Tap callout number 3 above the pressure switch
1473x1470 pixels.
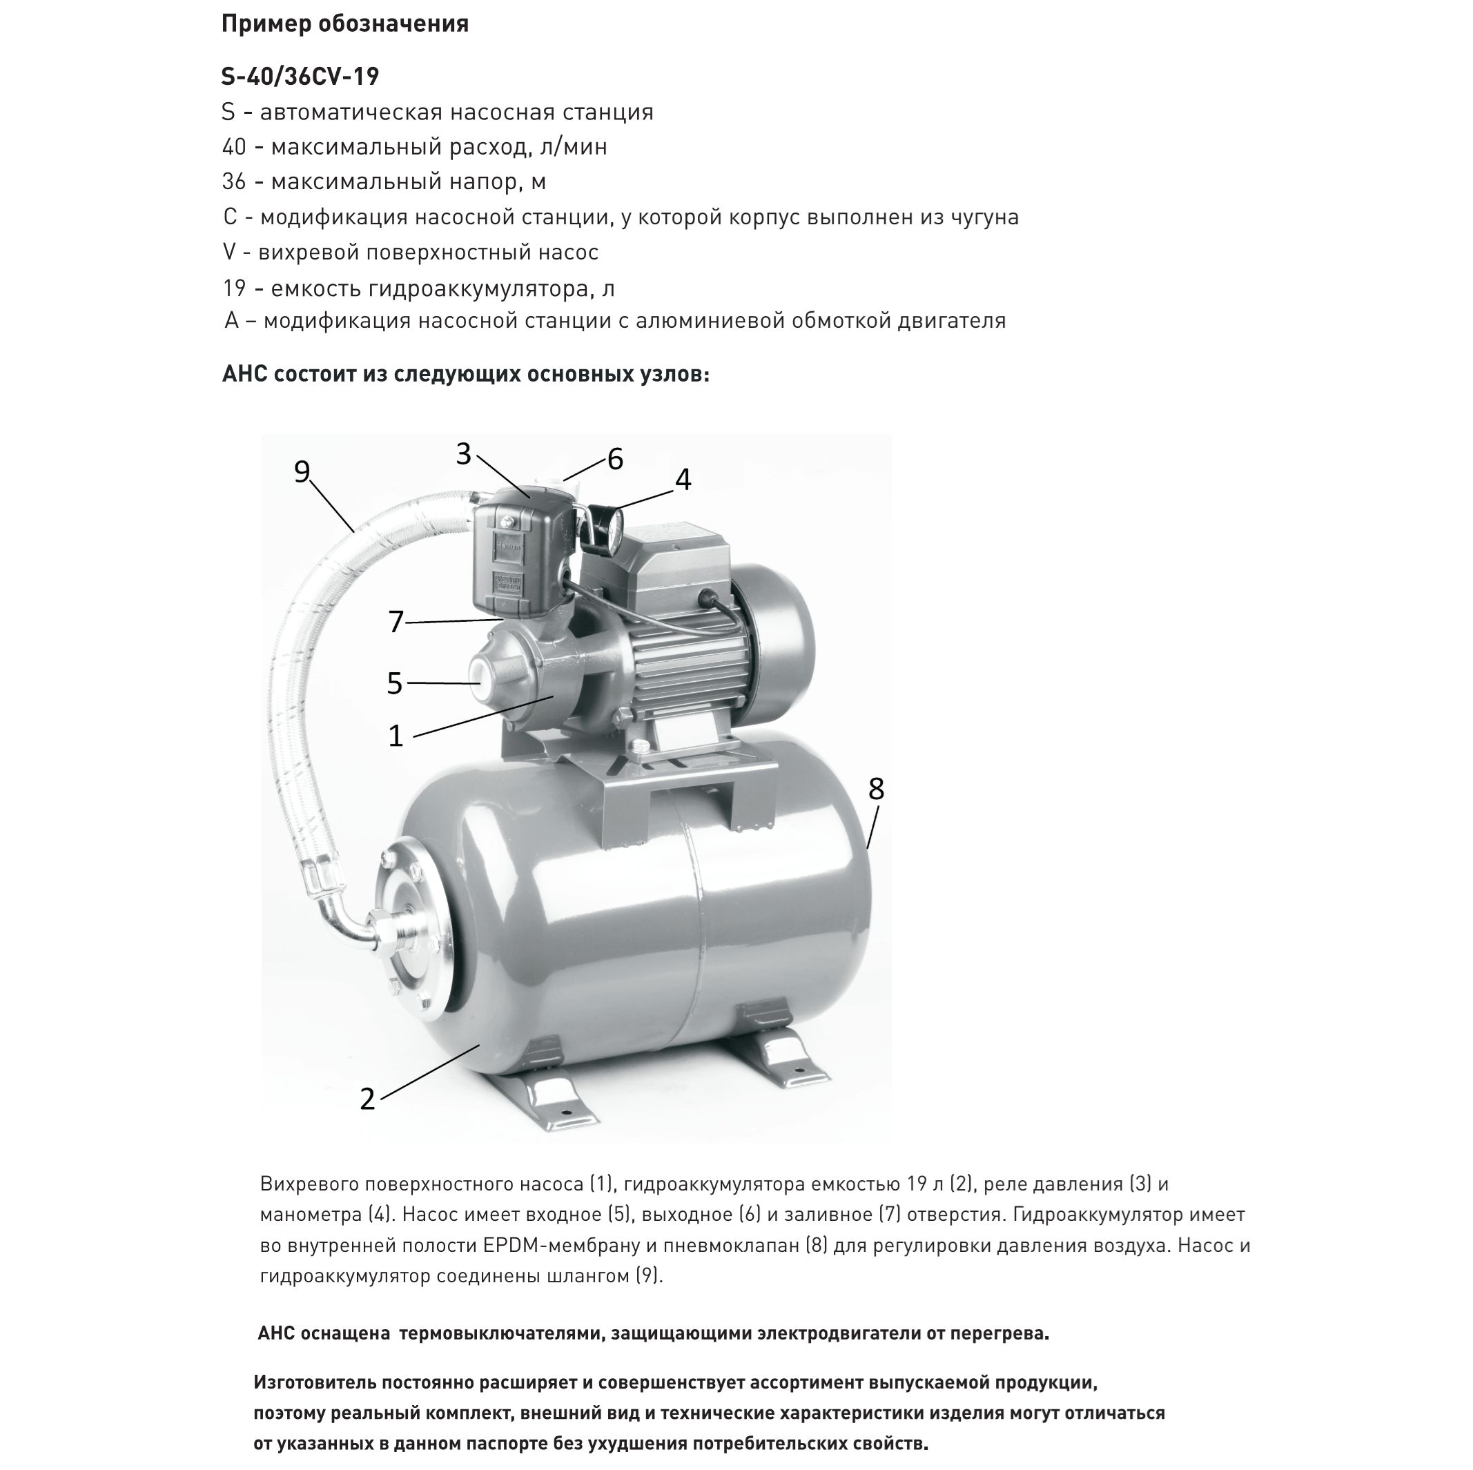coord(465,453)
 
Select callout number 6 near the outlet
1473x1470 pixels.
coord(614,459)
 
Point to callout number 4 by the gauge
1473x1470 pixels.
coord(683,480)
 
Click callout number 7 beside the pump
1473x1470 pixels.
coord(395,621)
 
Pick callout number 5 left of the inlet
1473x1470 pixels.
coord(394,683)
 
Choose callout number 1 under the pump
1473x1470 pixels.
coord(395,736)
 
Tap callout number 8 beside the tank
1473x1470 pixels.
coord(876,788)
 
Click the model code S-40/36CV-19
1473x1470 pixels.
coord(300,76)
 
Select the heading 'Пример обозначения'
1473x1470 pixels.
coord(344,24)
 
